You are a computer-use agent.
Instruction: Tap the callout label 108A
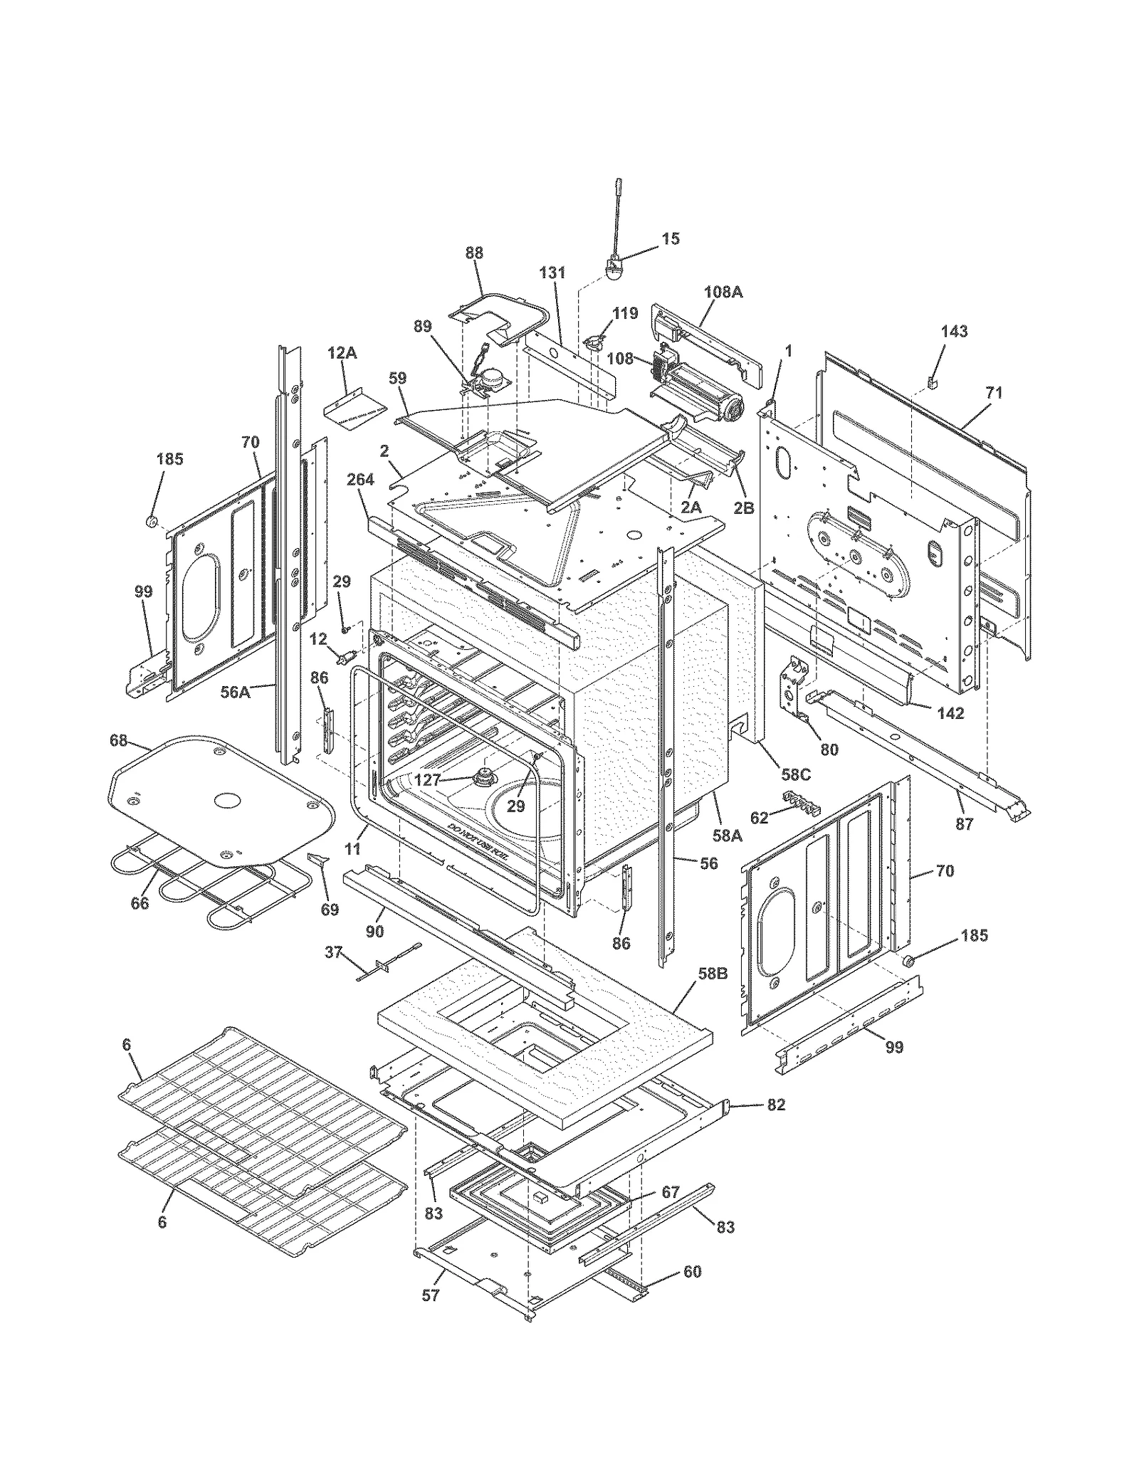(x=723, y=291)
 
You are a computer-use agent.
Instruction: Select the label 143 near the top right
(x=954, y=331)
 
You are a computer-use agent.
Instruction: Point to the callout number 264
(x=360, y=480)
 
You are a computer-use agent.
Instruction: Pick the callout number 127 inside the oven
(x=427, y=780)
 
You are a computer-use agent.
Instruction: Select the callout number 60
(x=692, y=1271)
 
